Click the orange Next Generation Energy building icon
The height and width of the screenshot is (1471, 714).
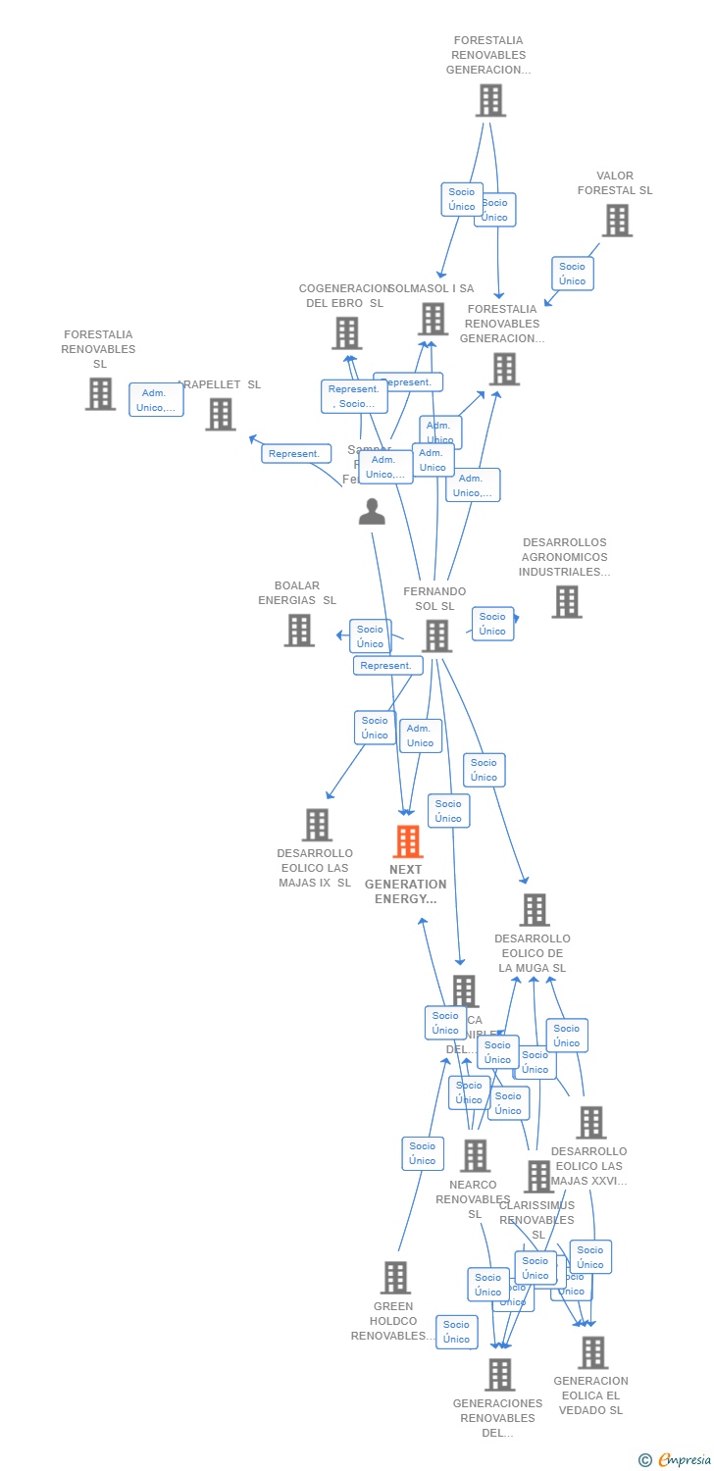coord(408,841)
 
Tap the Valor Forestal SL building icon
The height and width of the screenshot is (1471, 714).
coord(617,221)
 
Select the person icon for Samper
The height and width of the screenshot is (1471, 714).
coord(372,511)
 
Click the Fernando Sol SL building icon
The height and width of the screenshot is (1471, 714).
coord(436,635)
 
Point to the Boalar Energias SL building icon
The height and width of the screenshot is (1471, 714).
coord(299,630)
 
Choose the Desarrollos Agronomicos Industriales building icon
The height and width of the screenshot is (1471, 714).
coord(567,601)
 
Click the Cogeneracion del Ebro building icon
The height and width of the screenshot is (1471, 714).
coord(346,333)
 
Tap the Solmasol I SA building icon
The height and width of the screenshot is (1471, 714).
coord(433,319)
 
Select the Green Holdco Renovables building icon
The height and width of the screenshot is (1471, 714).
coord(396,1277)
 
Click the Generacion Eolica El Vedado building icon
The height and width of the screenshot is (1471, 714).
coord(592,1352)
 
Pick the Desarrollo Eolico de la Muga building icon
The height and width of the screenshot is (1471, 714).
coord(535,909)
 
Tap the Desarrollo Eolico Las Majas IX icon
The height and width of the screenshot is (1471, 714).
coord(317,825)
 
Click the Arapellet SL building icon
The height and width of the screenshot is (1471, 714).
coord(221,414)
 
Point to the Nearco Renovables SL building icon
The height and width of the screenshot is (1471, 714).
coord(475,1155)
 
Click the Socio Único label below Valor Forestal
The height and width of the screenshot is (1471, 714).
coord(573,274)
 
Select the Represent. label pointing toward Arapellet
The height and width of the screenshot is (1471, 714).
coord(294,453)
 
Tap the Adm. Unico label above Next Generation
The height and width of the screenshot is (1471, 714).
coord(421,735)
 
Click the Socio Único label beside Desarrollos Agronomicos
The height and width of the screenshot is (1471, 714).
coord(492,624)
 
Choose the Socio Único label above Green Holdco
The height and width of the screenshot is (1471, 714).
coord(423,1153)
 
